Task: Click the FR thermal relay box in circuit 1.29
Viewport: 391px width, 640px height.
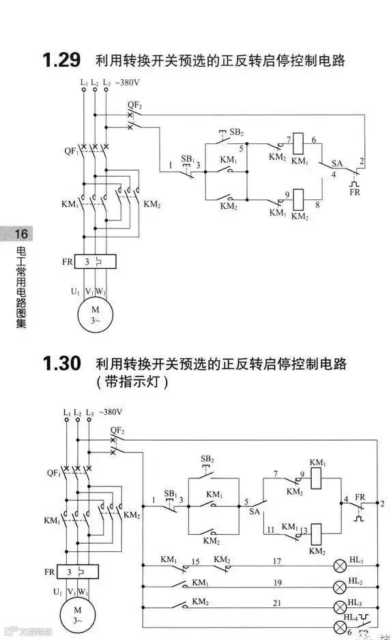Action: pos(95,261)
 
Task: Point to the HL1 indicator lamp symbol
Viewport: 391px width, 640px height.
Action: pos(339,566)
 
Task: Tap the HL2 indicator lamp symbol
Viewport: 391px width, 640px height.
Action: pos(339,587)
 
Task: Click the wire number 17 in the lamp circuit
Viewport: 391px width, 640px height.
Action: pos(277,562)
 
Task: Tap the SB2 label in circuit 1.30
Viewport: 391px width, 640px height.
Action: pos(207,458)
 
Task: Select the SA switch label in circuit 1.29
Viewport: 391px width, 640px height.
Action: pos(336,164)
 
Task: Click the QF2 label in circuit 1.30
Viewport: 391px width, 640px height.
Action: pos(117,431)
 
